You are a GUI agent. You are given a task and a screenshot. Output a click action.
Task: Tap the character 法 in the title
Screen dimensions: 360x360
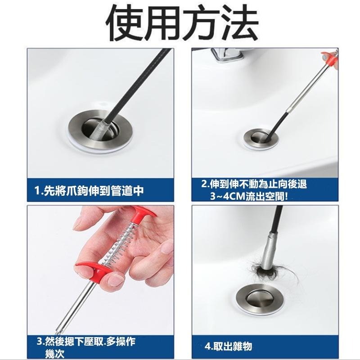tap(239, 23)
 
